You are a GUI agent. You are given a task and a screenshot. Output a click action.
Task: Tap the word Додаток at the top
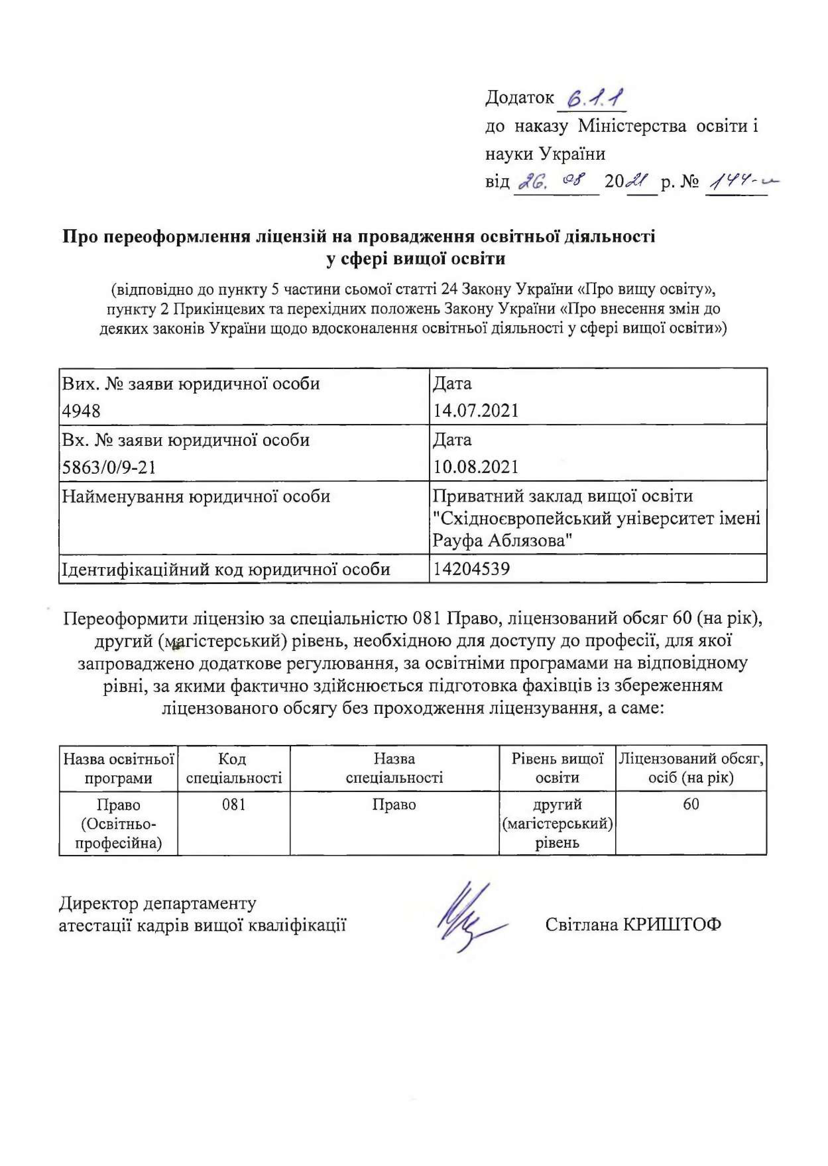(519, 97)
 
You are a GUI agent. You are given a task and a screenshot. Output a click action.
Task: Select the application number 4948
(82, 410)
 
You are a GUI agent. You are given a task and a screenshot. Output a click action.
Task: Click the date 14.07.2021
(475, 410)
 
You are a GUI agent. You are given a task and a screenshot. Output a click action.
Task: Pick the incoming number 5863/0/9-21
(109, 467)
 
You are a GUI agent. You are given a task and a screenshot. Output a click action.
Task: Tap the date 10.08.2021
(475, 467)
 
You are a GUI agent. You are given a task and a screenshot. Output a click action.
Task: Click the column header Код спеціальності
(233, 769)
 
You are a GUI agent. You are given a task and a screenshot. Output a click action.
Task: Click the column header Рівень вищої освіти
(557, 769)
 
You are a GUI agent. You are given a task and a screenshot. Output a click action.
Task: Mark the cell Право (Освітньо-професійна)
(118, 824)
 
